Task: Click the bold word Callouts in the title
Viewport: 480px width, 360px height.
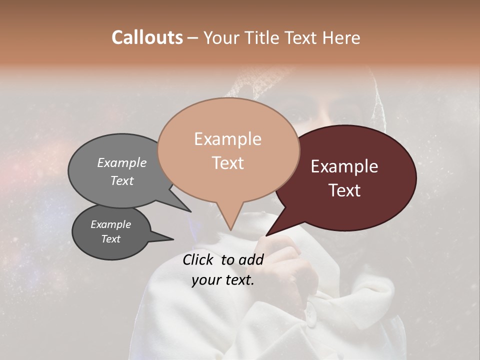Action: click(147, 37)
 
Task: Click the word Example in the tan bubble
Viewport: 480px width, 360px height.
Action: click(227, 139)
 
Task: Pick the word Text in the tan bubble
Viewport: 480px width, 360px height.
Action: click(227, 163)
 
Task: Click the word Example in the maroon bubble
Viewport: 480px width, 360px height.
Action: click(344, 166)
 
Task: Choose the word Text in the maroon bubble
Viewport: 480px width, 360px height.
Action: click(344, 190)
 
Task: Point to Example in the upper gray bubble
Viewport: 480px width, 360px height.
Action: click(122, 162)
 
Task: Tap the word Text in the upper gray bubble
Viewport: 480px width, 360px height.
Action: click(122, 180)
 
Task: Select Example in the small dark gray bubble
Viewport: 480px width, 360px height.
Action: click(110, 224)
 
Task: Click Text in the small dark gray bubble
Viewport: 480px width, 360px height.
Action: click(110, 239)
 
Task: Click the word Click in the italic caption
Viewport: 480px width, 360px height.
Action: click(198, 259)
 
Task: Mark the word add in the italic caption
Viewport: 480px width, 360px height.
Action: click(251, 259)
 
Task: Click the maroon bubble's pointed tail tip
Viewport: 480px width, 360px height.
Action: click(266, 235)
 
